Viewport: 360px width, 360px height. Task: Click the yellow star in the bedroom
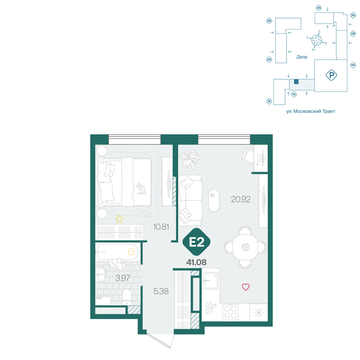pyautogui.click(x=120, y=219)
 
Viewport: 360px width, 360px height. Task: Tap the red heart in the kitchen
pyautogui.click(x=246, y=287)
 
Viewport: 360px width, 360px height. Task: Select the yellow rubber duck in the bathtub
pyautogui.click(x=131, y=252)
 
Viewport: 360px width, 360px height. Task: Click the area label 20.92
pyautogui.click(x=240, y=199)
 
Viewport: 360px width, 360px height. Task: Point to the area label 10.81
pyautogui.click(x=161, y=227)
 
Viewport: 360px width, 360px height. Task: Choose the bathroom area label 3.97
pyautogui.click(x=123, y=278)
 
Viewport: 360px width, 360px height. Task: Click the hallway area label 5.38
pyautogui.click(x=161, y=291)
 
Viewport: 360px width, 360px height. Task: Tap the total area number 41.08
pyautogui.click(x=196, y=262)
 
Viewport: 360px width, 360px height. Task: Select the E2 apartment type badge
pyautogui.click(x=197, y=242)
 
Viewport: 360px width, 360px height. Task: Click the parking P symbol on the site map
pyautogui.click(x=331, y=75)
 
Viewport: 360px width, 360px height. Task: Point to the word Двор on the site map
pyautogui.click(x=302, y=57)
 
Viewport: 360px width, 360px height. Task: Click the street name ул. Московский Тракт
pyautogui.click(x=311, y=111)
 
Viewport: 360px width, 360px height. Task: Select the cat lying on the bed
pyautogui.click(x=141, y=189)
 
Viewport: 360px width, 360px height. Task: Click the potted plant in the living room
pyautogui.click(x=190, y=159)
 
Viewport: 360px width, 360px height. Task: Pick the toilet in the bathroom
pyautogui.click(x=126, y=297)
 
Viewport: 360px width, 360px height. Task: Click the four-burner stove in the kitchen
pyautogui.click(x=230, y=312)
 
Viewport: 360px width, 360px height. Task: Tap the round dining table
pyautogui.click(x=245, y=247)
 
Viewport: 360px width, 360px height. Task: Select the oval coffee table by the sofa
pyautogui.click(x=214, y=200)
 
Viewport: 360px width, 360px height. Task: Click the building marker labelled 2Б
pyautogui.click(x=269, y=21)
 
